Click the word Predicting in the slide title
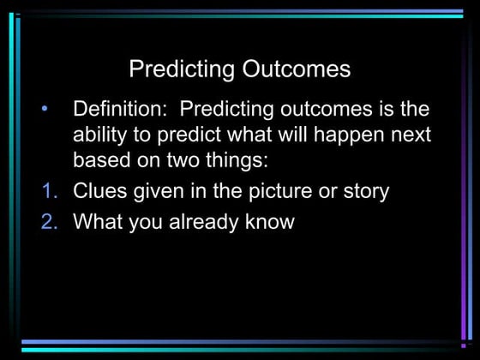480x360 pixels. click(181, 69)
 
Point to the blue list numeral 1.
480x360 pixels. click(49, 190)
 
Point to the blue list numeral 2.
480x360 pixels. click(49, 222)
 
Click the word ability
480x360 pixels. click(99, 135)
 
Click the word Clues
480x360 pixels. click(102, 190)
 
